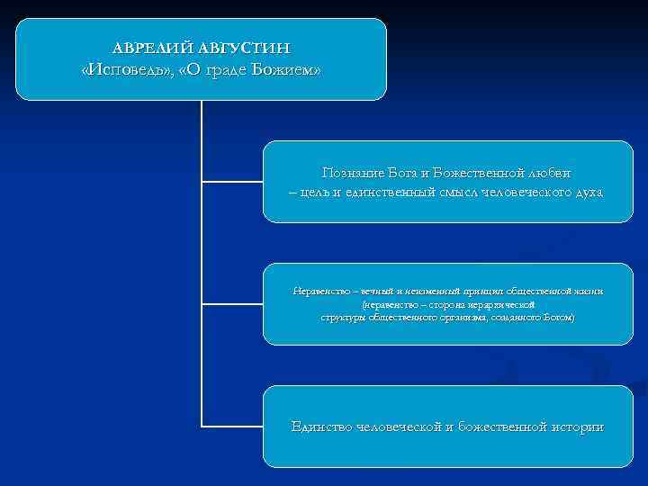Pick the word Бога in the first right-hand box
point(405,172)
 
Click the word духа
point(586,192)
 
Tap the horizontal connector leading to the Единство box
point(232,425)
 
